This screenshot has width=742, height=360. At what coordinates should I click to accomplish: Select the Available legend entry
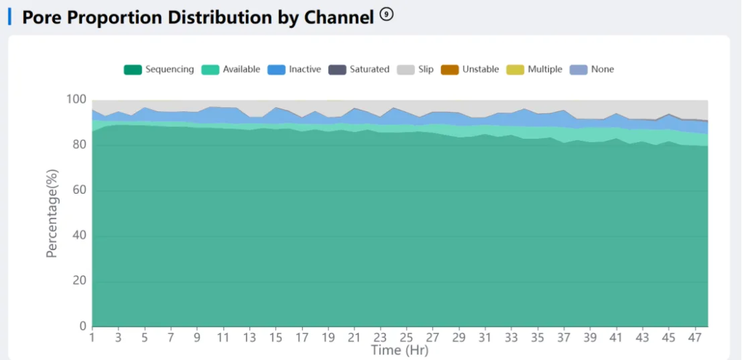point(231,69)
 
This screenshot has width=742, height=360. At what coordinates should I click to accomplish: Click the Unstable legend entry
point(470,69)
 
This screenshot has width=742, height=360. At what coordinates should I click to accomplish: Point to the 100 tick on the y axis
point(76,100)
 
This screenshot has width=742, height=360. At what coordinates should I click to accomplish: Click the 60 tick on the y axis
point(79,191)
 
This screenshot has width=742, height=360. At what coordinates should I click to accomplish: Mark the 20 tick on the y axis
point(79,282)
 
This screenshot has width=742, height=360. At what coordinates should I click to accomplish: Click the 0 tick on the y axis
point(82,327)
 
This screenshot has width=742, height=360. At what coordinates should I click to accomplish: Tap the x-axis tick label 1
point(92,338)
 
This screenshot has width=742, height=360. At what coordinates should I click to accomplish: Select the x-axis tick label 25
point(406,338)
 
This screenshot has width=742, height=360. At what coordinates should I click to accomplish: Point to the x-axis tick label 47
point(694,338)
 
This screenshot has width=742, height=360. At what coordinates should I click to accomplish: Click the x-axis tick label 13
point(249,338)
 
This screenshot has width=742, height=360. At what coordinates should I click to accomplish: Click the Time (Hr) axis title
point(399,350)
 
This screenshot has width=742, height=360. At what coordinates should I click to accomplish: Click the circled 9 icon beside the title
point(387,14)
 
